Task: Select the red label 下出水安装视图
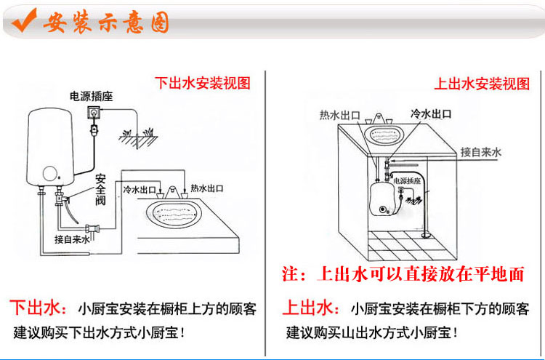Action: [203, 83]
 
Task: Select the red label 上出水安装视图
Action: [482, 83]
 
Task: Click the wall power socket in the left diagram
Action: [94, 113]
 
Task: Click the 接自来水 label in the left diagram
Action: [72, 239]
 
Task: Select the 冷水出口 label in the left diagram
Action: [138, 188]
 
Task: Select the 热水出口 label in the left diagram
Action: [207, 188]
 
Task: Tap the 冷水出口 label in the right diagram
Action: [432, 114]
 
